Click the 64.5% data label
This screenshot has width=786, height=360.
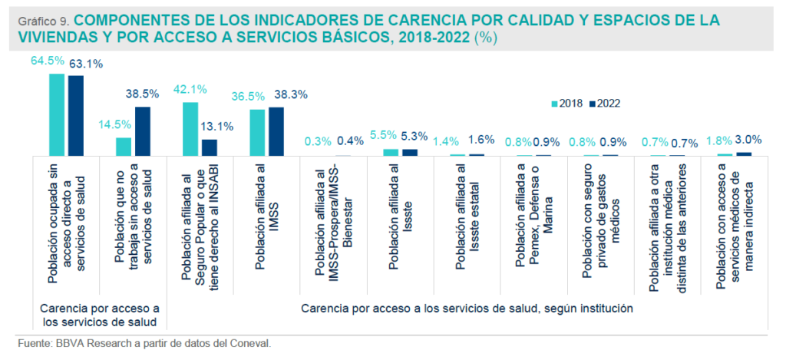[x=48, y=62]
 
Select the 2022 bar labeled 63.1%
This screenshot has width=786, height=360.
[x=75, y=115]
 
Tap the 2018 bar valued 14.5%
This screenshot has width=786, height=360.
[x=124, y=147]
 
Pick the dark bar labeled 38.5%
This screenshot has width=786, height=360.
[x=142, y=131]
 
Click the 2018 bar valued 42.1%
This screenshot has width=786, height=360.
[x=190, y=129]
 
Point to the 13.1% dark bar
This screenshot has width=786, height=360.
[x=209, y=147]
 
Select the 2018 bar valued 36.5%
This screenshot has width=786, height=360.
[x=257, y=133]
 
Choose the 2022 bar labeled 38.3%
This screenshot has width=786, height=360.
[x=276, y=131]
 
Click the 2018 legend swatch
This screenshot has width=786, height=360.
[x=555, y=103]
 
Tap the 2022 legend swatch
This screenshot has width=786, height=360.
[x=591, y=103]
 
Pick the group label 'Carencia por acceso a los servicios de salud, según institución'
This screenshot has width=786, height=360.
[x=467, y=309]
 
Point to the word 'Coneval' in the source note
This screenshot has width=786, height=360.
[x=249, y=343]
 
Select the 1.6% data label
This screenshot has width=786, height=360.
[x=482, y=140]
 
